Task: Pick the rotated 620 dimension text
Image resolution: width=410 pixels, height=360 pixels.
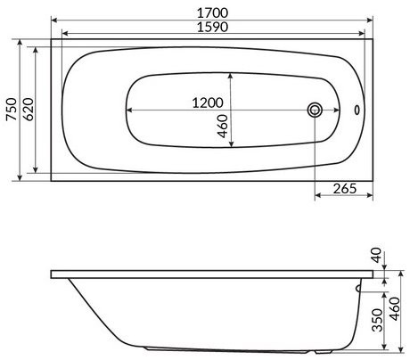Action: (29, 109)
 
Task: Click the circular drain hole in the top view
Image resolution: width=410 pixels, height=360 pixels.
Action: (314, 110)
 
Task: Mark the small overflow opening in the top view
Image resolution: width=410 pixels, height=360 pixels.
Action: (358, 110)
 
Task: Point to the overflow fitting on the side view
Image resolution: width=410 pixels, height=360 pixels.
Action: (359, 288)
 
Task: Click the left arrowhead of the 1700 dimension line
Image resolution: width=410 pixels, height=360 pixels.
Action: (53, 20)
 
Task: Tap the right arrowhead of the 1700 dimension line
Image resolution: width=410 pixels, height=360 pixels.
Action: (367, 20)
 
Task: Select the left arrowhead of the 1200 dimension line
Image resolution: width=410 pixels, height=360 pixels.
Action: (127, 110)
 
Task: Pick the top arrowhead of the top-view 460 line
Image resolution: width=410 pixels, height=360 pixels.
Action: (232, 73)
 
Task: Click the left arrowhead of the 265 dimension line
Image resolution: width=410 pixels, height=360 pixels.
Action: (317, 195)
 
